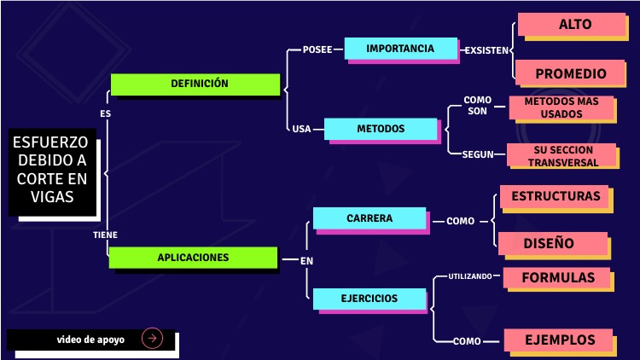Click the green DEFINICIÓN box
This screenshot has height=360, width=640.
[195, 84]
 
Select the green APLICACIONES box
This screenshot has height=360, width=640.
[193, 257]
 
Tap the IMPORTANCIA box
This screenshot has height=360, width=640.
[400, 49]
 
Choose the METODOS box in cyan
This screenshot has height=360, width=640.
[380, 129]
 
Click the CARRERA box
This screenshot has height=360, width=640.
[369, 218]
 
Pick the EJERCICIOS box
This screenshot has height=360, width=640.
[369, 299]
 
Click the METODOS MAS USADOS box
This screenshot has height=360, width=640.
[561, 107]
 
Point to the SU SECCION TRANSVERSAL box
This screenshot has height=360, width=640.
[561, 155]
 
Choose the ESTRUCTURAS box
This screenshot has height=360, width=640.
[556, 196]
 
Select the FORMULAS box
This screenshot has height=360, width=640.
[557, 278]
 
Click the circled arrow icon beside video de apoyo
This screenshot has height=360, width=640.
[152, 339]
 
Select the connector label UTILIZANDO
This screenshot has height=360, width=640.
[470, 276]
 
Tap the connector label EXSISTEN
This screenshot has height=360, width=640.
[486, 50]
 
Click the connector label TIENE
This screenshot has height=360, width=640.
[105, 234]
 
